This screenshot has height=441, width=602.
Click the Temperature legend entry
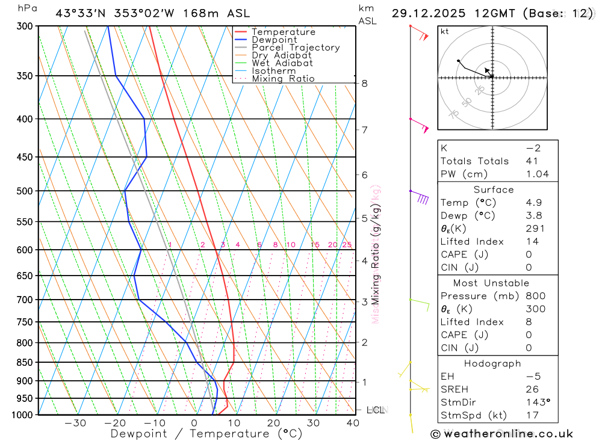283,32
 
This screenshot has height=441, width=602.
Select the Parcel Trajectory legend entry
296,48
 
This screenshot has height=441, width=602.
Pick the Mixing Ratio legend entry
283,79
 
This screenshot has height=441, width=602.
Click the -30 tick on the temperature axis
75,423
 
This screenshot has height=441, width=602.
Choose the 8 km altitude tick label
364,84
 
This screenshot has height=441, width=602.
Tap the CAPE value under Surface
529,254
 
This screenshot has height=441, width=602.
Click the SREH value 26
532,389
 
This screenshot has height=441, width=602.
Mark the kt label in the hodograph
445,31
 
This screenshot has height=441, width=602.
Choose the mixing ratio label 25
347,245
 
